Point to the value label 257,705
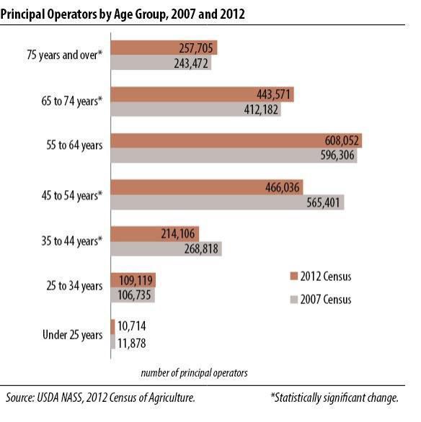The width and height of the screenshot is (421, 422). coord(196,48)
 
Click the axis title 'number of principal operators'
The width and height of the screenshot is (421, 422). coord(194,372)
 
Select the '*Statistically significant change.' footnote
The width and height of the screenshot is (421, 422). coord(334,398)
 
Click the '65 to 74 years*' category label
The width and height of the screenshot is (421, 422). coord(69,102)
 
